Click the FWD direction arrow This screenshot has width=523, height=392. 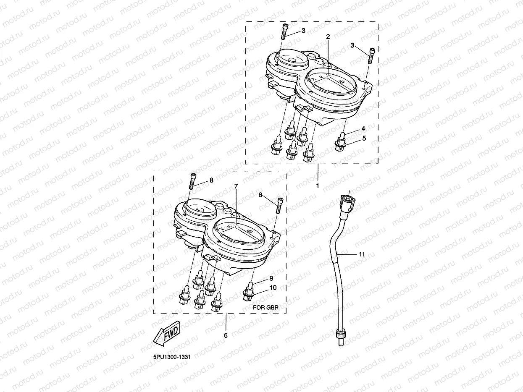167,333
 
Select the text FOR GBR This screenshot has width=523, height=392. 265,308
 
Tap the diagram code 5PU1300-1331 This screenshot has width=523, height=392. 172,357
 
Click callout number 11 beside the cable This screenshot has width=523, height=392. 362,254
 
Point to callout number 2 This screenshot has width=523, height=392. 328,37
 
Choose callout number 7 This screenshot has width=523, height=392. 236,186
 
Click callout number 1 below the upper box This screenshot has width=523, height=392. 318,186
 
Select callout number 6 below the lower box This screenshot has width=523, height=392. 226,335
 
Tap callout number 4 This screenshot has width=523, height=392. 363,129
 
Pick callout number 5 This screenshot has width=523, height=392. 364,138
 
